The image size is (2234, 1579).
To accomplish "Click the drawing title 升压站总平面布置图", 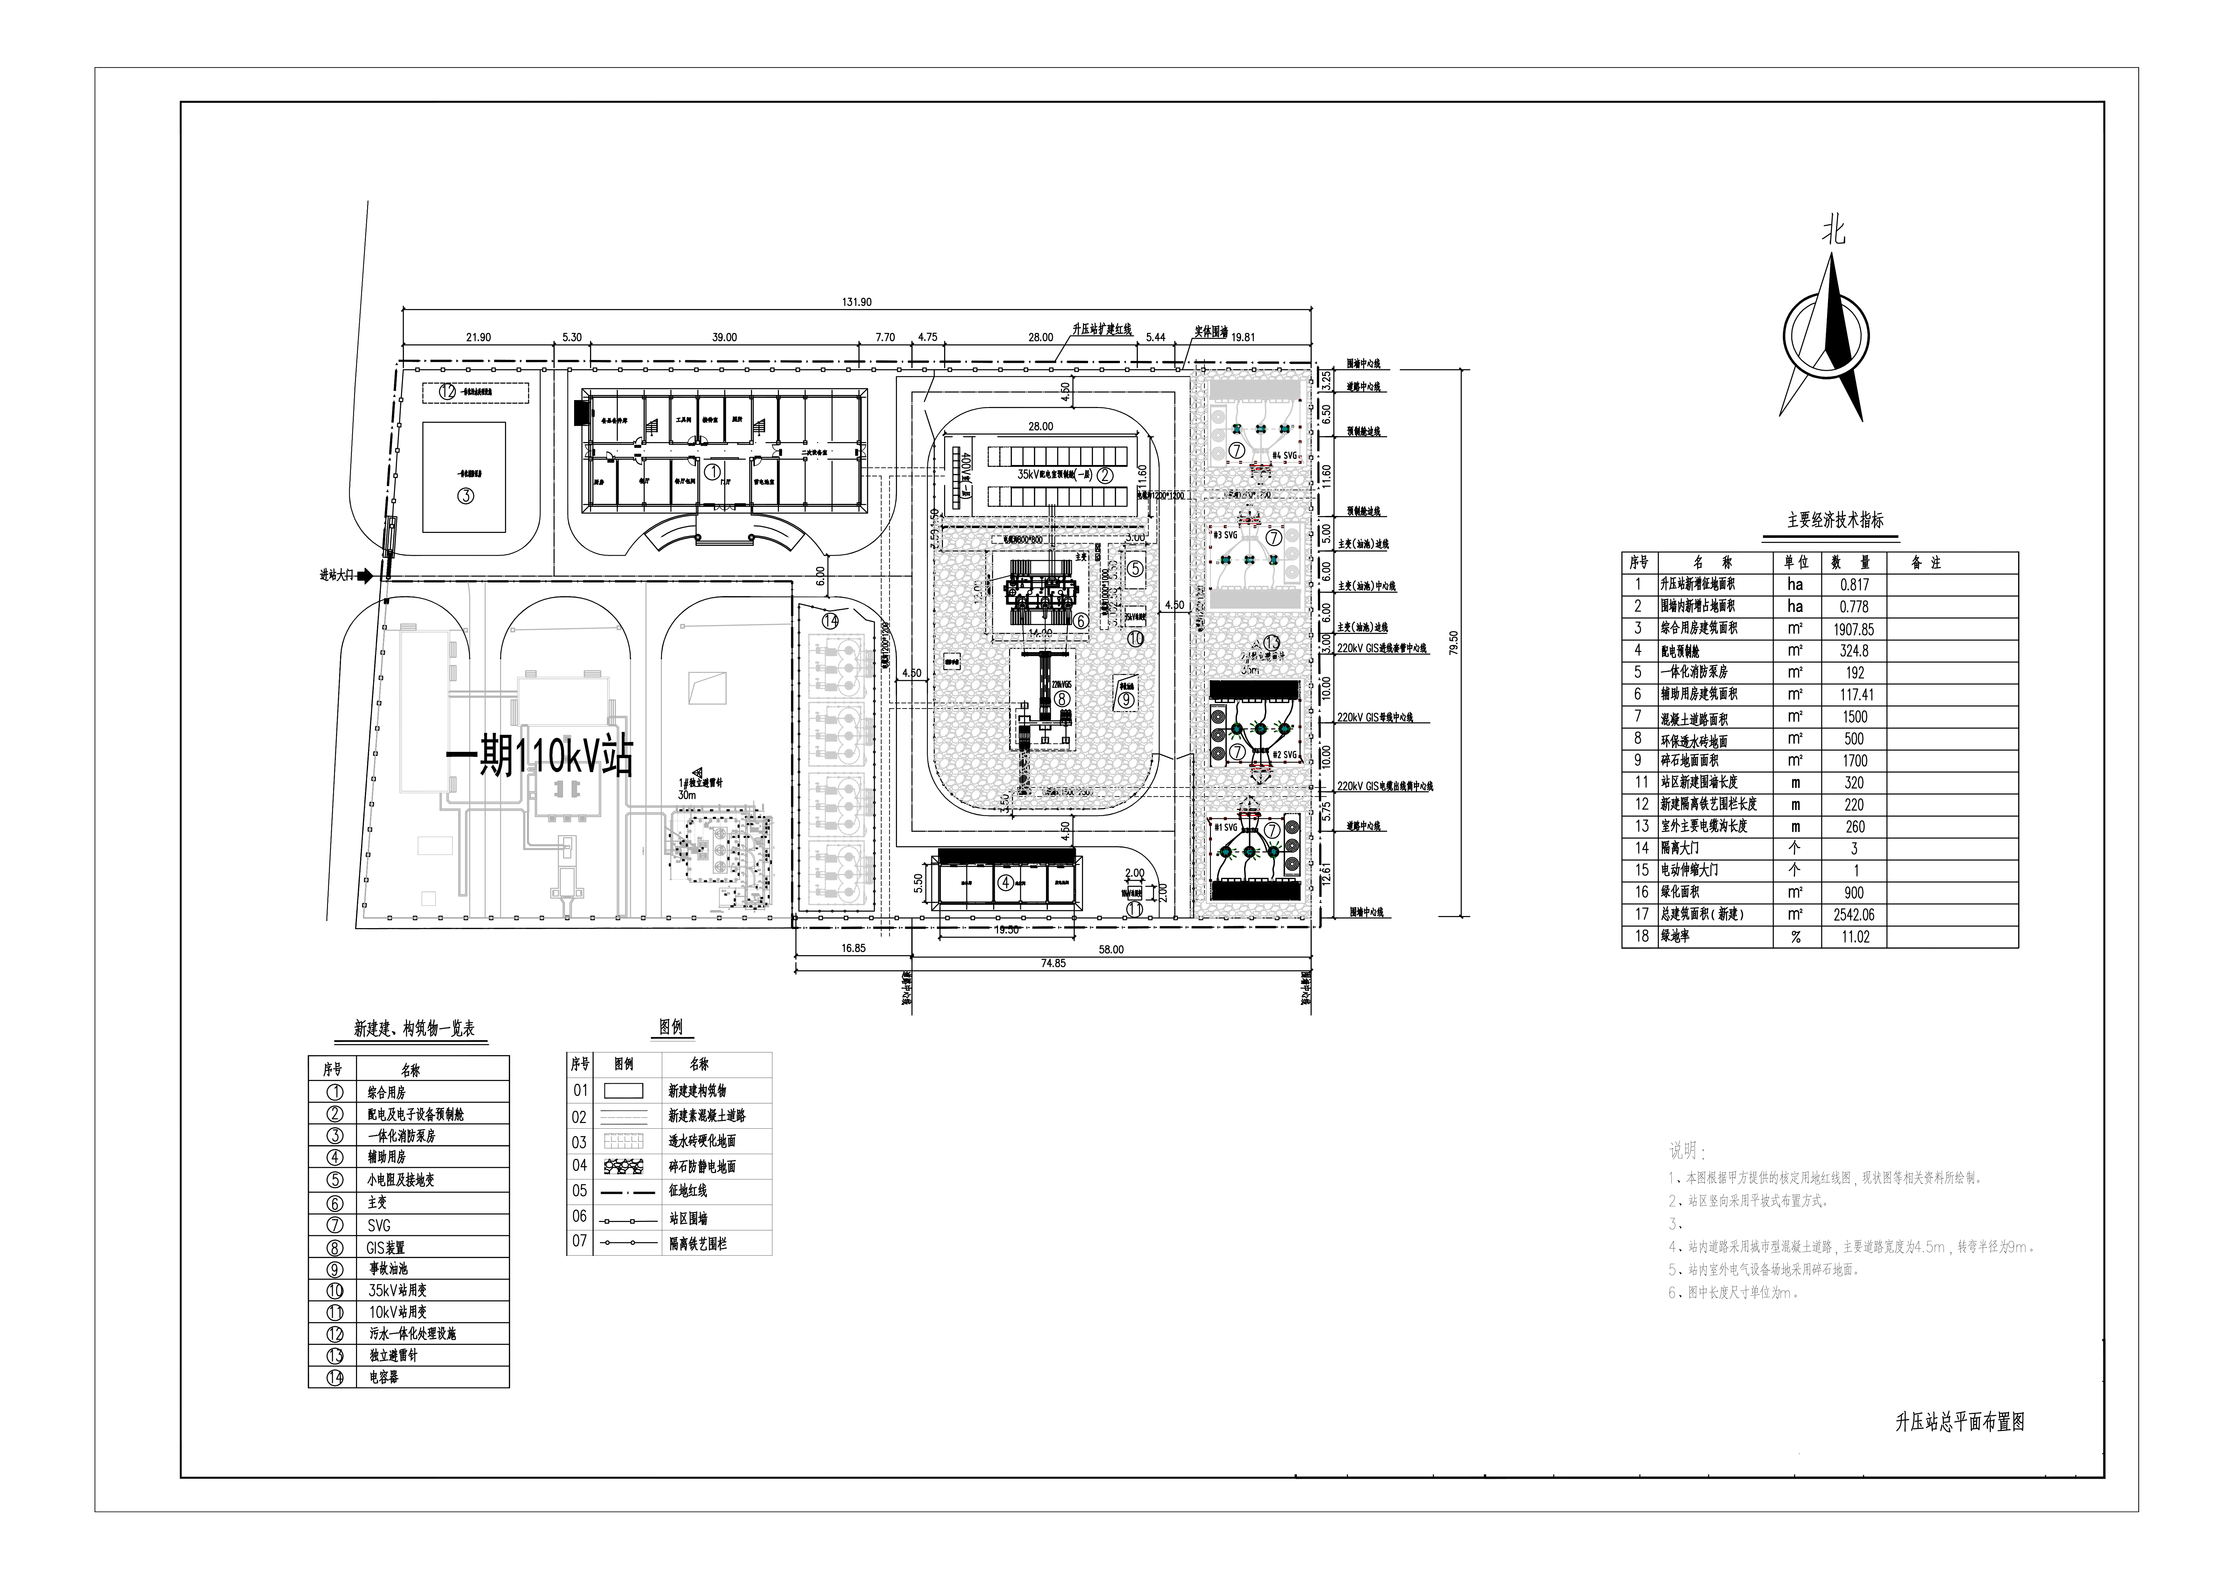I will point(1960,1421).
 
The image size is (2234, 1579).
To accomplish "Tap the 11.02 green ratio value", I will point(1854,937).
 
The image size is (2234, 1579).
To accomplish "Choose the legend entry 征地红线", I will point(688,1191).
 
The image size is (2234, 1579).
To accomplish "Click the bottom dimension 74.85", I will point(1053,963).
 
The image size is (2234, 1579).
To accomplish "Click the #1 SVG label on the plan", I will point(1225,827).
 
